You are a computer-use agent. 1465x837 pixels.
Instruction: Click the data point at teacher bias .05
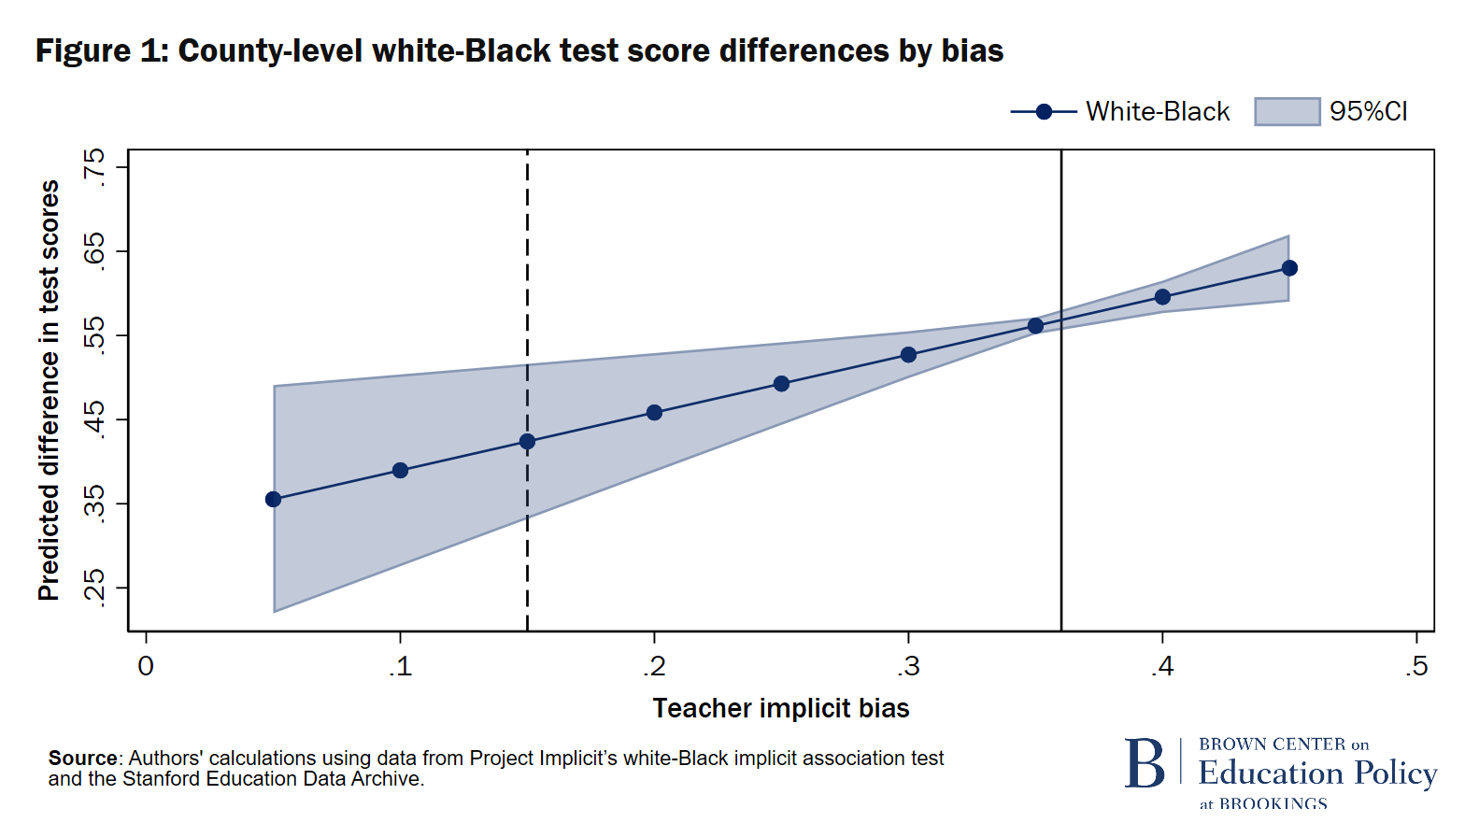273,499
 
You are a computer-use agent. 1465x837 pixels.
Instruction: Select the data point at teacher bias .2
654,412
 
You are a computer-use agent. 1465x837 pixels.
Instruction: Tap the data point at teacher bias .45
1289,268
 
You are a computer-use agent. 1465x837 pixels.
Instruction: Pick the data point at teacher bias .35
1035,326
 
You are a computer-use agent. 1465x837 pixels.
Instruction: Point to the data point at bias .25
781,384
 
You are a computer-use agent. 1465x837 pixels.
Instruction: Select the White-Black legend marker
1044,112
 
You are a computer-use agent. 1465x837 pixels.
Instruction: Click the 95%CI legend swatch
1287,112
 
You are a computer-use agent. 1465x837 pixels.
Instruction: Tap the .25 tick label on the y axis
94,588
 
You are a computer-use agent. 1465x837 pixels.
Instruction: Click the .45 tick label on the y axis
94,419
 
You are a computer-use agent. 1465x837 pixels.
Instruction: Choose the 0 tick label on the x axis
146,666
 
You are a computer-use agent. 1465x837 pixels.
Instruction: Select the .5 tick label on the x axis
1416,666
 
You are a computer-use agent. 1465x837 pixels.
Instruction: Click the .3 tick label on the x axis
908,666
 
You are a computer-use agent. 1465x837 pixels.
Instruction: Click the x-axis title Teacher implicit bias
781,708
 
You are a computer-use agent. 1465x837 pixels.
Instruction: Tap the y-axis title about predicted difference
49,390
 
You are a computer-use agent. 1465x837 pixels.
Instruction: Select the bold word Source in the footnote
83,758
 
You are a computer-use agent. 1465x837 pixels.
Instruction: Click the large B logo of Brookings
1145,763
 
